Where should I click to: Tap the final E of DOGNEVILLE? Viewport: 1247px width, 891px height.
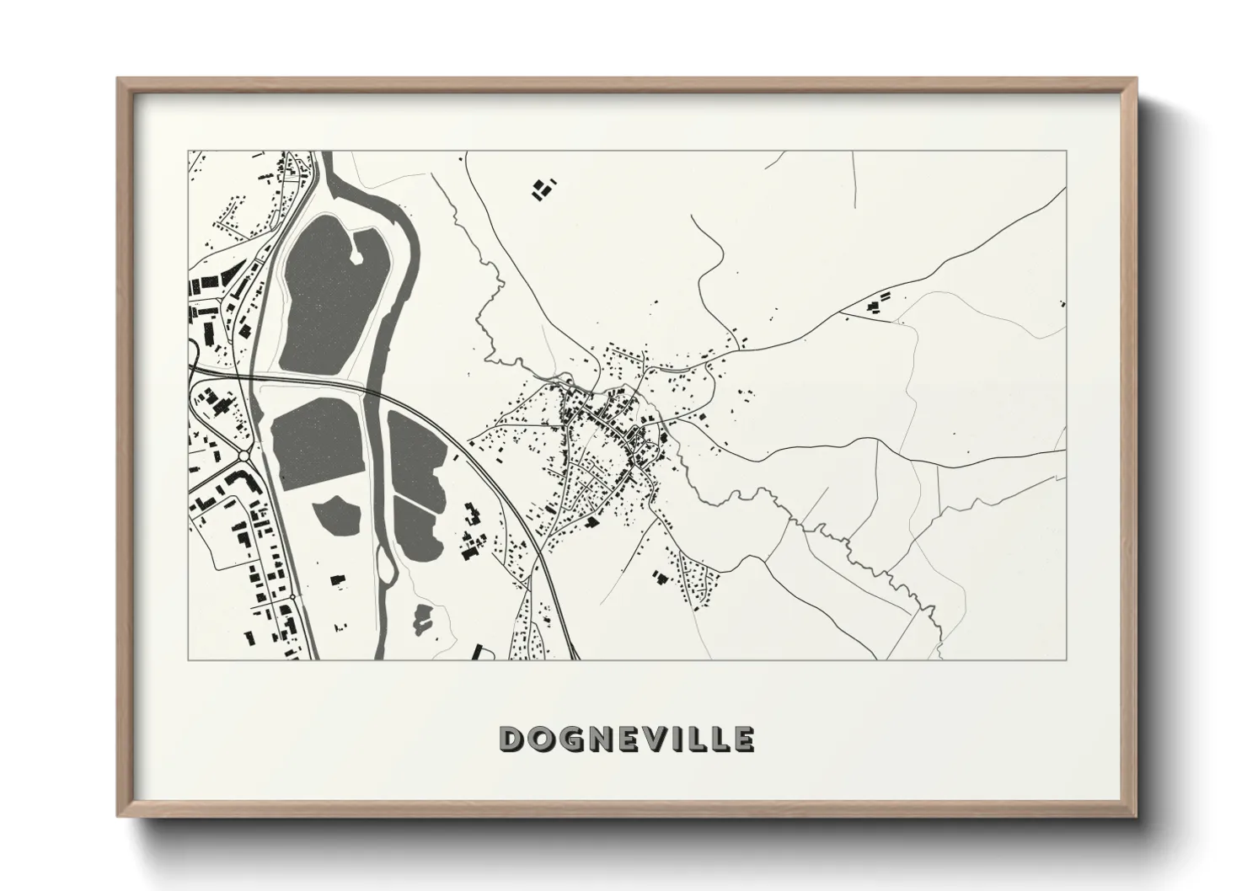click(x=743, y=739)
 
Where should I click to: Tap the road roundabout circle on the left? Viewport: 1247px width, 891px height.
click(x=244, y=456)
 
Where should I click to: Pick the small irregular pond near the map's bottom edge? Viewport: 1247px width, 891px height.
click(x=420, y=619)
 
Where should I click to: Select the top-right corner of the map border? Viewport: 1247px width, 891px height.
click(x=1067, y=152)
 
